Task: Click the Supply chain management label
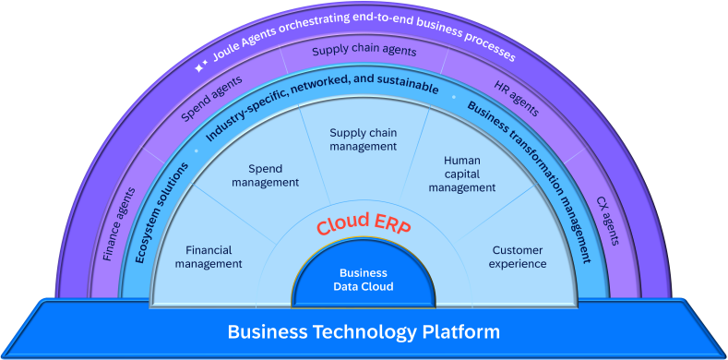(363, 138)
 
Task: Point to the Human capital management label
(462, 174)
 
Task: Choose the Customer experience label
(518, 257)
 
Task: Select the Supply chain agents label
(364, 51)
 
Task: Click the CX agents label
(608, 222)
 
